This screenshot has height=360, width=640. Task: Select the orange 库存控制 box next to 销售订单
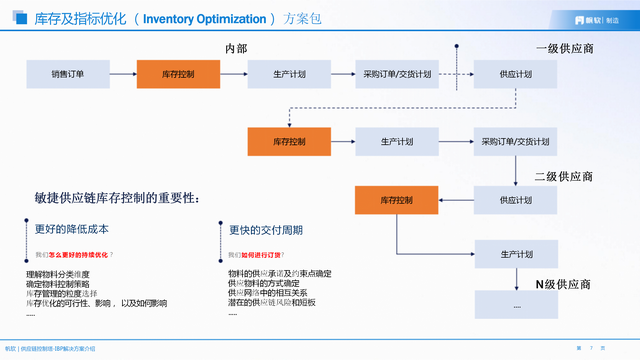pyautogui.click(x=178, y=74)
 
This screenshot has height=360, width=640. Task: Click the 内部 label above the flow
pyautogui.click(x=235, y=48)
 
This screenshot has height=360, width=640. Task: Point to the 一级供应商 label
pyautogui.click(x=564, y=48)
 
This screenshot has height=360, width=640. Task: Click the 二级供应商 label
pyautogui.click(x=564, y=177)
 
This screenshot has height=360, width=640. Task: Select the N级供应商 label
pyautogui.click(x=564, y=285)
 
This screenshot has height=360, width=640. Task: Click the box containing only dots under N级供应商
pyautogui.click(x=517, y=304)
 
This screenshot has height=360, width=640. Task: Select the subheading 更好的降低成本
pyautogui.click(x=64, y=229)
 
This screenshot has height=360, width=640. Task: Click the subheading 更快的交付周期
pyautogui.click(x=267, y=229)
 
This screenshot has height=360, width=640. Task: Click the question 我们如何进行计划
pyautogui.click(x=262, y=254)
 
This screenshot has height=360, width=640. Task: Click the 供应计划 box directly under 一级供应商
pyautogui.click(x=517, y=74)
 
